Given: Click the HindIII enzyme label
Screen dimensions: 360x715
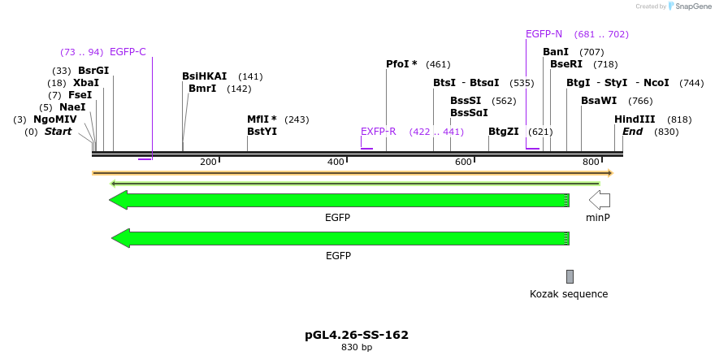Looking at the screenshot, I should pos(635,119).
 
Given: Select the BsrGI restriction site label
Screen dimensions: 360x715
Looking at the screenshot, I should pos(93,71).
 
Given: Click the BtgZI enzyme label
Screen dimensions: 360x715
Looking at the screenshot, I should pos(504,132).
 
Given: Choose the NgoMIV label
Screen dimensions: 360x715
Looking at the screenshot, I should pos(55,119).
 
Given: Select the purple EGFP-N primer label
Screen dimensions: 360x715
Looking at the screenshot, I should pos(544,34).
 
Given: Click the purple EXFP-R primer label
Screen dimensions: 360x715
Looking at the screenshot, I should pos(379,132).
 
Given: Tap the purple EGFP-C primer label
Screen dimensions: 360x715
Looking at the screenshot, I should pos(128,52).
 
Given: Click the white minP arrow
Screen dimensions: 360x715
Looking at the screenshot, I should pos(600,200).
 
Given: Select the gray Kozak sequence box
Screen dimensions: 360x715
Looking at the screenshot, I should pos(570,276).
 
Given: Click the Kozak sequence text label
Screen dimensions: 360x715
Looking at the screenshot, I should pos(569,294).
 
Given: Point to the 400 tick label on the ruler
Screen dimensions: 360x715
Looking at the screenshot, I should pos(336,162).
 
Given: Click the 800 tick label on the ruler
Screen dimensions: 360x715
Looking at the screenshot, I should pos(591,162).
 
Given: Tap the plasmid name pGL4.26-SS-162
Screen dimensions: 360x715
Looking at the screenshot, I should pos(357,335).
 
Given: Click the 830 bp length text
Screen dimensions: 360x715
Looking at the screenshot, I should pos(357,348).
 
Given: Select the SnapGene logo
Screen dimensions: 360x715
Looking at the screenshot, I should pos(687,7).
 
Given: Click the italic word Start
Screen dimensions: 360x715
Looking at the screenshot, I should pos(58,132).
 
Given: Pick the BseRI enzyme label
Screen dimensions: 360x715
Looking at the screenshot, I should pos(566,64).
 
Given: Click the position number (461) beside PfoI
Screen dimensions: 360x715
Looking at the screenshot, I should pos(437,65).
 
